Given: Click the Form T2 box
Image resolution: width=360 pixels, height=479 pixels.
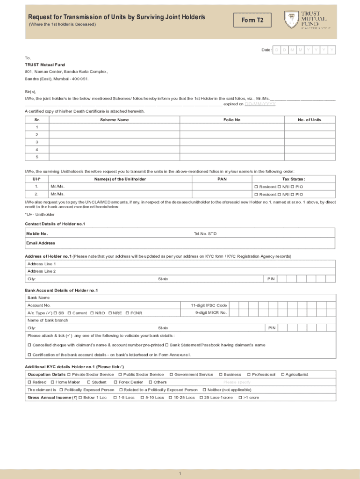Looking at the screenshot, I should [x=256, y=21].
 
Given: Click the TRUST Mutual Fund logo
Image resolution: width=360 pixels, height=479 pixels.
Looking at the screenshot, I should [x=307, y=20].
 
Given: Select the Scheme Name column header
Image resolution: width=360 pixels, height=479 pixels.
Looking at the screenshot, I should [x=114, y=120].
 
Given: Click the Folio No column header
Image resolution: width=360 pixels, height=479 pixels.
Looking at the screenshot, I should [x=232, y=120].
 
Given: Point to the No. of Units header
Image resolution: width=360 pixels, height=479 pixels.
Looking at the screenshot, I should [x=310, y=120].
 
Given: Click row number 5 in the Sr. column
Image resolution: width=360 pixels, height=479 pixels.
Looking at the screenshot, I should [x=37, y=157].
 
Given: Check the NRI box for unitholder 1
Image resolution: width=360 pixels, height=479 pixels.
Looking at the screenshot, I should [x=280, y=187].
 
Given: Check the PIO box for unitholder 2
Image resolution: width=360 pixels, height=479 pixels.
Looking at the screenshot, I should [x=292, y=194].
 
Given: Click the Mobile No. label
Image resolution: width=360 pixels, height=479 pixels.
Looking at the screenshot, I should [x=37, y=233].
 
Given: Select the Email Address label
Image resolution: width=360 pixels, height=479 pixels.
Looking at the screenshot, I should [x=41, y=243].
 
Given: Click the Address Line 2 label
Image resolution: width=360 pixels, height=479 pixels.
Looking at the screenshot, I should [x=42, y=271].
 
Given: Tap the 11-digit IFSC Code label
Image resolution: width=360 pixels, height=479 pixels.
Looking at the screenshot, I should [x=209, y=305].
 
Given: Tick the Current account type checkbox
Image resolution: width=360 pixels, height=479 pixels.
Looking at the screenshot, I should [x=69, y=313].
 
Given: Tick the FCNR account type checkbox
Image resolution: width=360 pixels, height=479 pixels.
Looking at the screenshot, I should [x=127, y=313].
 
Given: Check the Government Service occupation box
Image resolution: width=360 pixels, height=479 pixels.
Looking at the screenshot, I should [x=171, y=375].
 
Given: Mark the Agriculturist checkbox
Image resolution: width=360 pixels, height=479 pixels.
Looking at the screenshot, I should [x=282, y=375].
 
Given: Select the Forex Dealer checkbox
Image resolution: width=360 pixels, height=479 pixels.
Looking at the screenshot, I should [x=115, y=382].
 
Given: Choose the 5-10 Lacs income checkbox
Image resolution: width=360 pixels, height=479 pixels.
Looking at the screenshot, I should [x=142, y=398].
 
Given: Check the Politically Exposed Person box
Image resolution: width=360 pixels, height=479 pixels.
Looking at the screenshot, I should [x=61, y=390].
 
